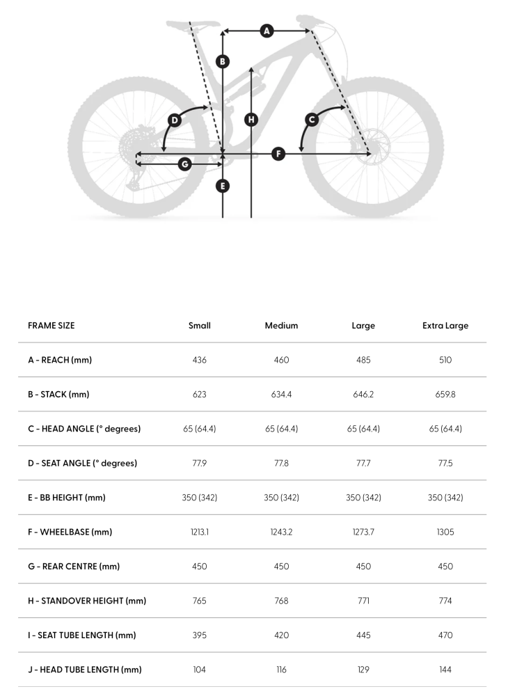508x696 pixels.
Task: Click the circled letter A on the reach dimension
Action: [x=267, y=31]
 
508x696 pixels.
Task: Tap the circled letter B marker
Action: [x=223, y=61]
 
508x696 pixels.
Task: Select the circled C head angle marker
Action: [x=312, y=120]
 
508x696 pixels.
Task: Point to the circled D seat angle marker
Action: [x=175, y=120]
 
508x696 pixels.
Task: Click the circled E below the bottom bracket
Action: [x=223, y=186]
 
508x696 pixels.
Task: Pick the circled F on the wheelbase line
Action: [x=278, y=154]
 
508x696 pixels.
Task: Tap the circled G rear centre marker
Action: [x=184, y=164]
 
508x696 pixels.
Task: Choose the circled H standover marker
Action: [x=251, y=119]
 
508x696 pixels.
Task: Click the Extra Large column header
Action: [x=445, y=326]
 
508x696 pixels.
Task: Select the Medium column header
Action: [x=281, y=326]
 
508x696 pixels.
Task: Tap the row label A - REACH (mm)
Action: [x=60, y=360]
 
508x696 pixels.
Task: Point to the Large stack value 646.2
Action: [x=363, y=395]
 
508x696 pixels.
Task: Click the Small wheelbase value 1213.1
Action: [x=200, y=532]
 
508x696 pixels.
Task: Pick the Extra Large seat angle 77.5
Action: [x=445, y=463]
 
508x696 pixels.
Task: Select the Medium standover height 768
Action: [x=281, y=601]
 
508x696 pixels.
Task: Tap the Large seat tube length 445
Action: [x=363, y=635]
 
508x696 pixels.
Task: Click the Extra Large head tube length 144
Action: [x=445, y=670]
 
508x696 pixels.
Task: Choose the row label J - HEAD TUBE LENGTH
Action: [x=85, y=670]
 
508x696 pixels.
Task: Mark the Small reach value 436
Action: [x=200, y=360]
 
